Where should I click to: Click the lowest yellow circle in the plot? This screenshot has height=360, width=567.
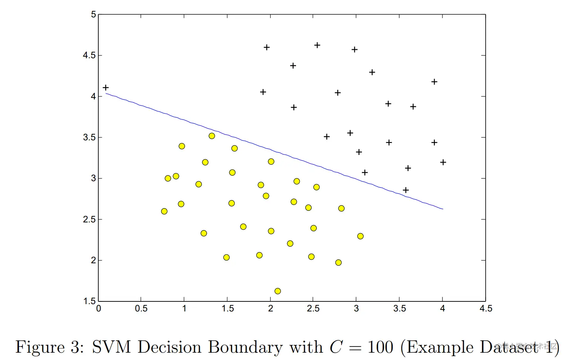pyautogui.click(x=278, y=291)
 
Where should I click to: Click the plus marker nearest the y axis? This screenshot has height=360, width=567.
pyautogui.click(x=106, y=88)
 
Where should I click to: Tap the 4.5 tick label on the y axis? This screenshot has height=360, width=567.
pyautogui.click(x=89, y=56)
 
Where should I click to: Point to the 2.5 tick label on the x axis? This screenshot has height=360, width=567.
pyautogui.click(x=313, y=309)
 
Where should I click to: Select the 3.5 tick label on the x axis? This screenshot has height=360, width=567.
pyautogui.click(x=399, y=309)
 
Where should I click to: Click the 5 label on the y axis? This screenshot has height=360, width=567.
pyautogui.click(x=93, y=15)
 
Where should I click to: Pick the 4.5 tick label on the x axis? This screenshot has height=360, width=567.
pyautogui.click(x=486, y=309)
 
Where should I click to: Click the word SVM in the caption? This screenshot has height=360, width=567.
pyautogui.click(x=111, y=347)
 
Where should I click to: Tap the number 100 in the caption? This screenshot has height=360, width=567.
pyautogui.click(x=380, y=347)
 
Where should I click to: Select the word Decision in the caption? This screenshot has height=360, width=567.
pyautogui.click(x=169, y=347)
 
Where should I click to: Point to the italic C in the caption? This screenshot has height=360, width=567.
pyautogui.click(x=336, y=347)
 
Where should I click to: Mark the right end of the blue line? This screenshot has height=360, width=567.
pyautogui.click(x=443, y=209)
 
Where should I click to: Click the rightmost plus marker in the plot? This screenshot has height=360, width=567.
pyautogui.click(x=443, y=162)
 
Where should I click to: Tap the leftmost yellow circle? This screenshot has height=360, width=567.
pyautogui.click(x=164, y=211)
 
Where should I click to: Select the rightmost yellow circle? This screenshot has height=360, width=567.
pyautogui.click(x=360, y=236)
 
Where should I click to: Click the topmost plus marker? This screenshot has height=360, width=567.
pyautogui.click(x=317, y=45)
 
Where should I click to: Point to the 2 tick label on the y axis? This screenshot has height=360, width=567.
pyautogui.click(x=93, y=261)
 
